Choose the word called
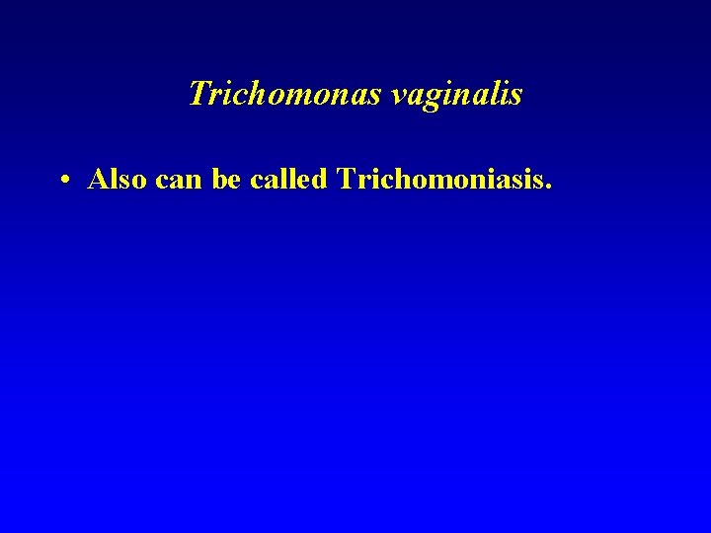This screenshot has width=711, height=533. click(x=289, y=179)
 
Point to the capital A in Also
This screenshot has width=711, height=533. click(x=99, y=179)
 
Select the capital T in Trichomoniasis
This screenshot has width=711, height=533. click(x=346, y=179)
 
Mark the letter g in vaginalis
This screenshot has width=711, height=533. click(x=437, y=99)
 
